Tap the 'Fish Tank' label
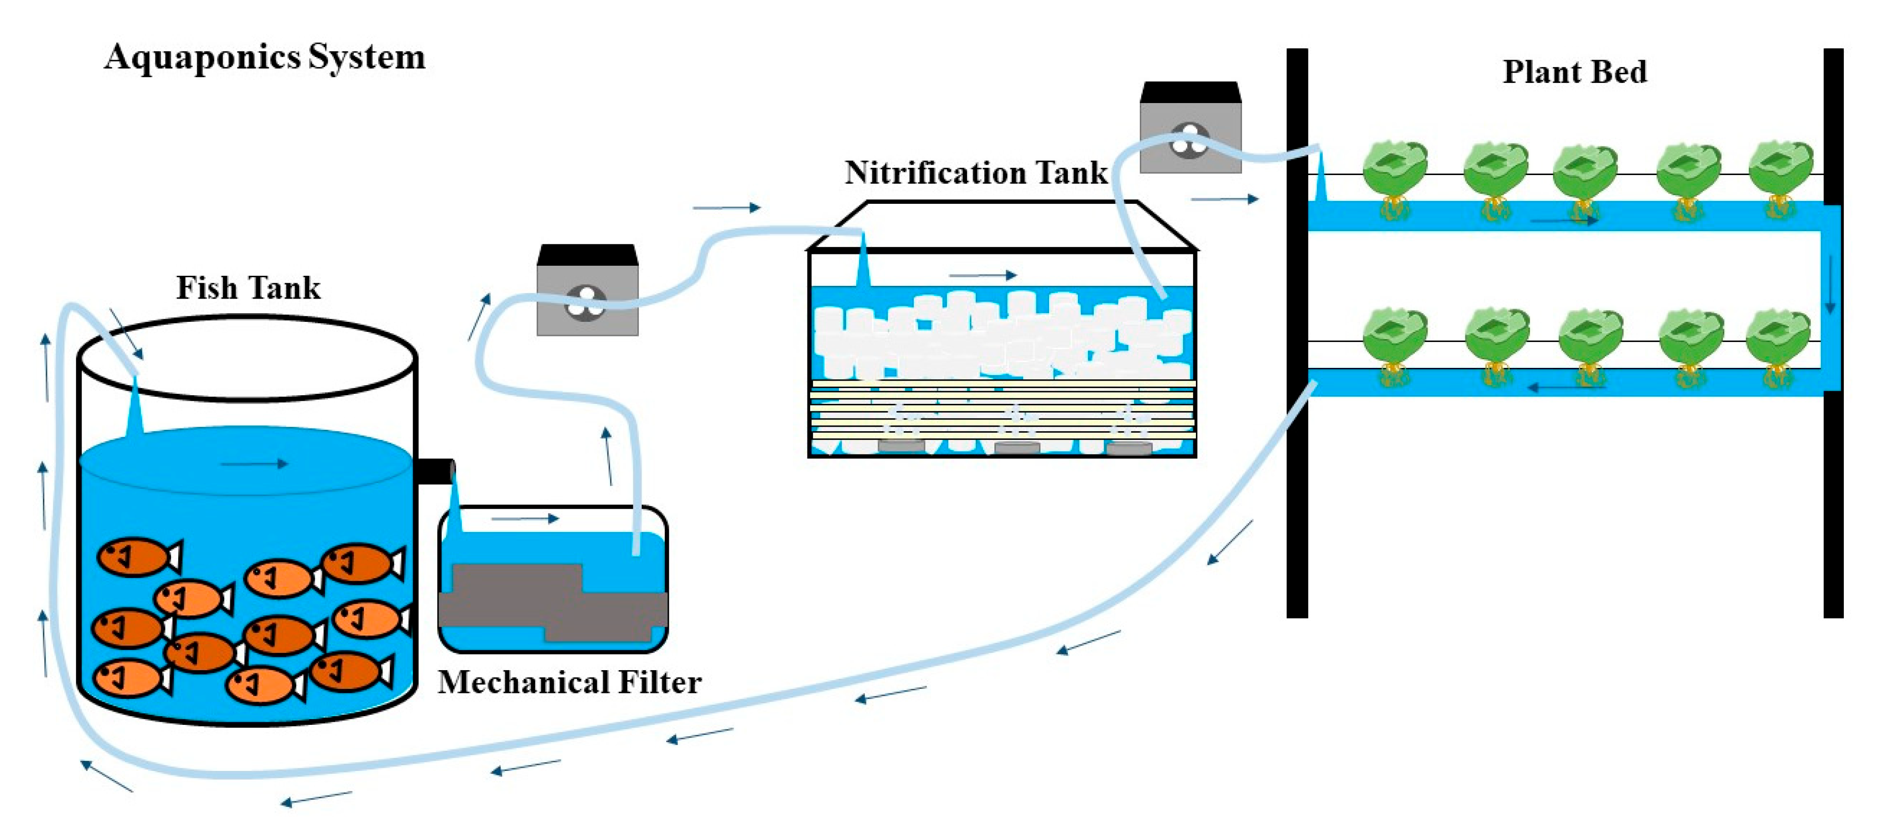(x=248, y=287)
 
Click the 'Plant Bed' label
(x=1574, y=72)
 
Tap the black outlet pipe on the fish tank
(x=435, y=472)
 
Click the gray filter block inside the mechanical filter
(x=554, y=603)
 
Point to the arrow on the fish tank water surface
(x=254, y=464)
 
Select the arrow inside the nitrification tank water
(x=983, y=275)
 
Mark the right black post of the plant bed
(x=1833, y=333)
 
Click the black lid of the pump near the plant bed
(x=1191, y=92)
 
